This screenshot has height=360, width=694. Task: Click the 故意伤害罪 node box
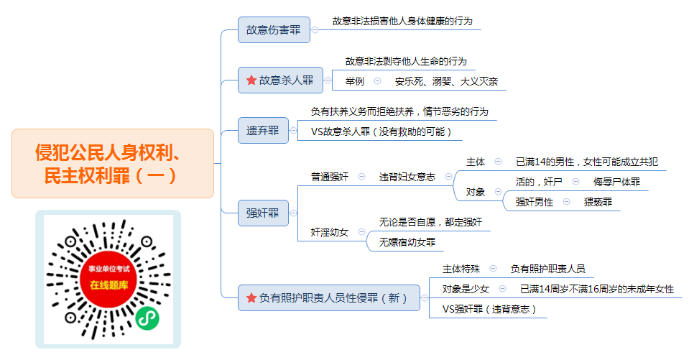[274, 30]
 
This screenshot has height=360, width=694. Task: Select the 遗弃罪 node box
[263, 131]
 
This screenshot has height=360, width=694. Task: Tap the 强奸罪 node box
[263, 213]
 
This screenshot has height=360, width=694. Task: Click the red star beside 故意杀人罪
[251, 80]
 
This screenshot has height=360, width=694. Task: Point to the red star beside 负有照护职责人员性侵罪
[251, 298]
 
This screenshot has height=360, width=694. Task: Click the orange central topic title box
[113, 163]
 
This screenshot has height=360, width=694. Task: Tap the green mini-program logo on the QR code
[147, 318]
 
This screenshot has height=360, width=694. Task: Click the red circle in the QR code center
[109, 279]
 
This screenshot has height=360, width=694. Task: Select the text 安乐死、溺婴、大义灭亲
[446, 81]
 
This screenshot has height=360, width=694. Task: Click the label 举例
[355, 81]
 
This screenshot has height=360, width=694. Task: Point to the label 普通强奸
[330, 177]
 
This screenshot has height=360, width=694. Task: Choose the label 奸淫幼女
[330, 232]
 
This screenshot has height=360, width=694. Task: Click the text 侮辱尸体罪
[616, 182]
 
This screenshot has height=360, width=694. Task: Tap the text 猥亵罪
[598, 203]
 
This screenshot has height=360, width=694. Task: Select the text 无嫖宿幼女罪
[407, 242]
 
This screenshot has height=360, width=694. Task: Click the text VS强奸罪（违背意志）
[489, 310]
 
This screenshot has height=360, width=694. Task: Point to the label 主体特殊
[461, 269]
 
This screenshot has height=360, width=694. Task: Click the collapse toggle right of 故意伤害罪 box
[315, 30]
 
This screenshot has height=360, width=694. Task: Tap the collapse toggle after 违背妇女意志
[448, 177]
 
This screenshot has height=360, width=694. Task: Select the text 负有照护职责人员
[548, 269]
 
